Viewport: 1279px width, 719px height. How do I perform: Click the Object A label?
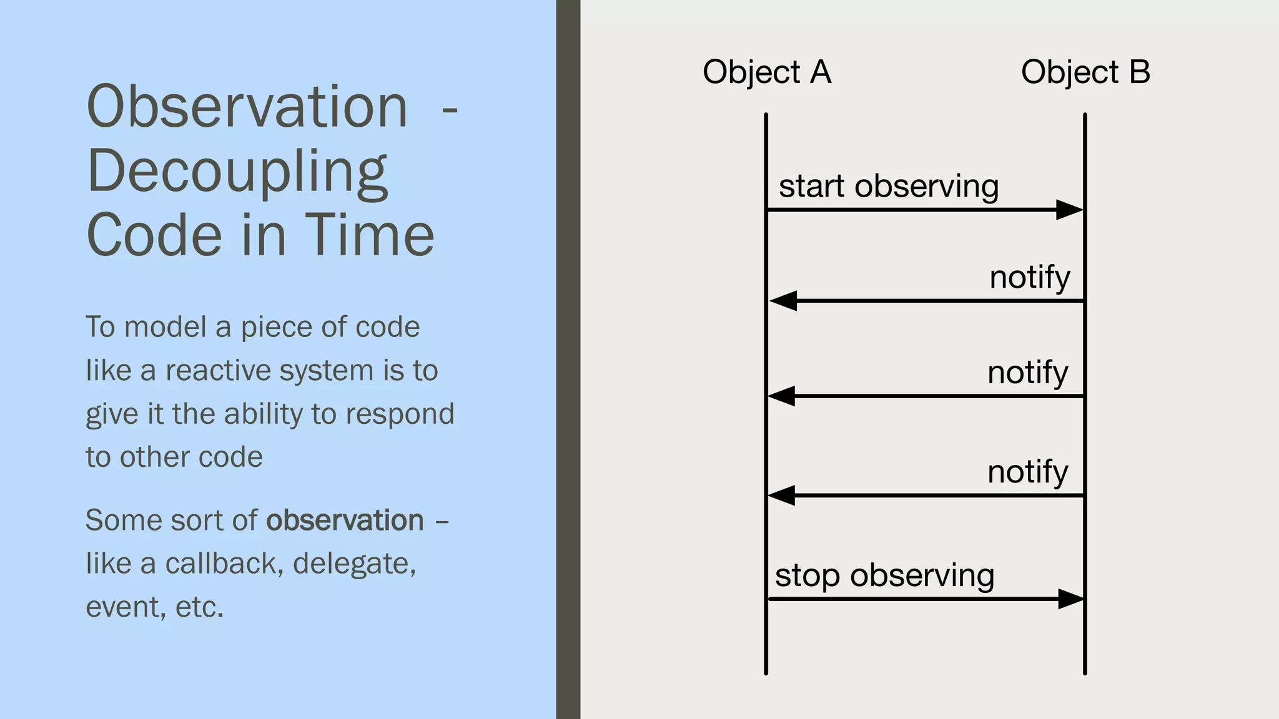coord(767,72)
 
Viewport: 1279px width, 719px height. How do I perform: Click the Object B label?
coord(1085,72)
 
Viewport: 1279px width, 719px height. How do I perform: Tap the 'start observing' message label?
coord(889,186)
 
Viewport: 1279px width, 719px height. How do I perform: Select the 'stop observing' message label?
coord(884,575)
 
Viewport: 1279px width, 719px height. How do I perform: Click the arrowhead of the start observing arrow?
coord(1069,210)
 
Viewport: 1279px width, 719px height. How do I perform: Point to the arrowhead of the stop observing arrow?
coord(1070,599)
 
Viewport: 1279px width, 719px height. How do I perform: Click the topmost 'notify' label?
coord(1030,277)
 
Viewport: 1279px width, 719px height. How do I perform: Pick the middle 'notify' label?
coord(1027,373)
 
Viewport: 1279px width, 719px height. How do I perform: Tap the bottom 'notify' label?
coord(1027,472)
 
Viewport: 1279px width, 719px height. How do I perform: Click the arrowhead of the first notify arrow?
coord(784,301)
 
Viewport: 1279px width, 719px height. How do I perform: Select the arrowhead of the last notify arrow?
coord(781,496)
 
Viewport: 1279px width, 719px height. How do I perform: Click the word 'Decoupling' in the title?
coord(237,171)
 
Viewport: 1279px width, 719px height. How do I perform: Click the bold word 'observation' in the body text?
coord(345,521)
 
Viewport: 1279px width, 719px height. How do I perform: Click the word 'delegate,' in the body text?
coord(354,564)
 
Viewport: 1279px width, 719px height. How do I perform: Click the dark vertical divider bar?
coord(568,359)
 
